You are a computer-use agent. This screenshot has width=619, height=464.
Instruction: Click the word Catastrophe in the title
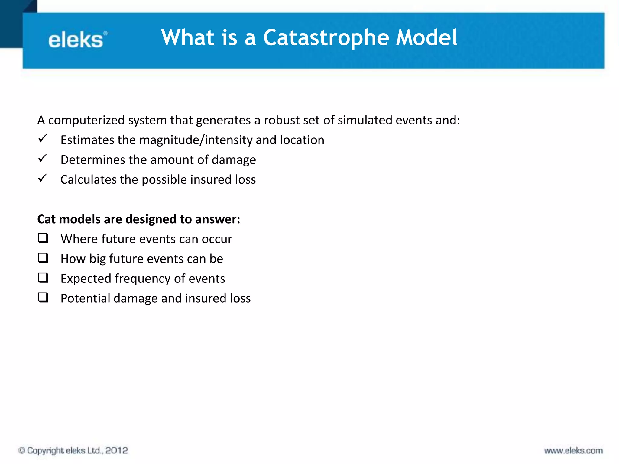click(x=326, y=38)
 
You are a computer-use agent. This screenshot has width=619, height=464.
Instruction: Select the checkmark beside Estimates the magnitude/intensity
click(x=43, y=138)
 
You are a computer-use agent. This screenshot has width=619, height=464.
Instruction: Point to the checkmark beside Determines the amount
click(x=43, y=158)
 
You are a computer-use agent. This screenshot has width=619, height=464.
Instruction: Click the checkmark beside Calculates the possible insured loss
click(x=43, y=178)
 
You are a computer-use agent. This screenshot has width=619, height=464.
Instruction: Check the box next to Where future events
click(x=43, y=238)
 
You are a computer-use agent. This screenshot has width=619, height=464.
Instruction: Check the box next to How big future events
click(x=43, y=258)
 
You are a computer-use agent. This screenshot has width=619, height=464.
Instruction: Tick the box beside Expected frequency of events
click(x=43, y=278)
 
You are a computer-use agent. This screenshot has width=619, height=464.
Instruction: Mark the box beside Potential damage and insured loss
click(x=43, y=298)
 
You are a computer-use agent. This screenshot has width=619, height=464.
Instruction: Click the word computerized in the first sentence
click(x=86, y=121)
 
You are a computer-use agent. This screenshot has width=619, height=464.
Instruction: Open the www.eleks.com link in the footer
click(x=573, y=451)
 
